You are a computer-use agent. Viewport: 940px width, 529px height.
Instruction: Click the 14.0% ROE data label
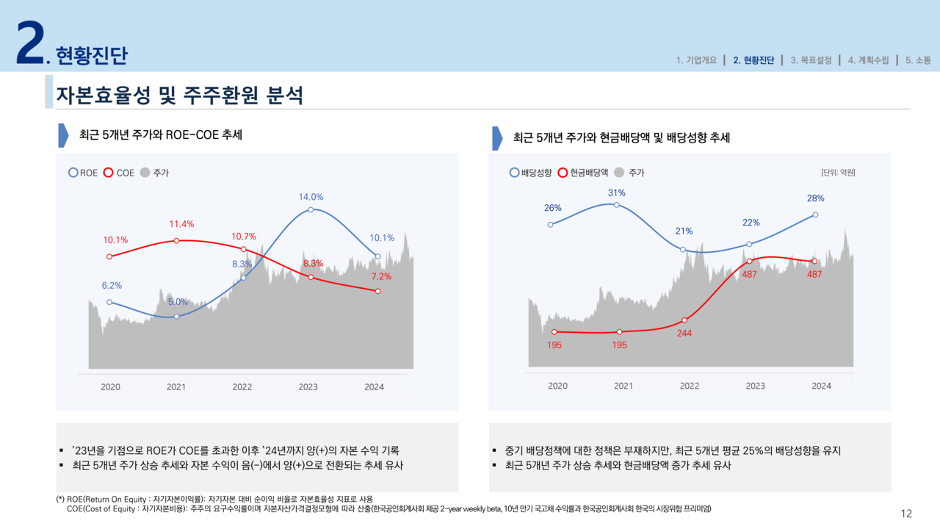[x=311, y=197]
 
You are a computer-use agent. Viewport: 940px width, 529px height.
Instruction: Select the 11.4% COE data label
[x=181, y=224]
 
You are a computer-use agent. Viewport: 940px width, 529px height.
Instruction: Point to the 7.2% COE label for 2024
[x=380, y=277]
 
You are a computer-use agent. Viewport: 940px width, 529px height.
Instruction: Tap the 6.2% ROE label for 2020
[x=112, y=285]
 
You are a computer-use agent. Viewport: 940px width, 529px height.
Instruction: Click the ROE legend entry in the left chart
[x=83, y=173]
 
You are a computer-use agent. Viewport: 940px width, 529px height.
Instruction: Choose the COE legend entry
[x=120, y=173]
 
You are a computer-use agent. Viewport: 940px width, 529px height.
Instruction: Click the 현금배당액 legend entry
[x=583, y=173]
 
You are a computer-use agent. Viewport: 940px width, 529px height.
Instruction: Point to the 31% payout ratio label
[x=616, y=192]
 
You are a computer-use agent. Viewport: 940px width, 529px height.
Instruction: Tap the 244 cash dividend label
[x=684, y=333]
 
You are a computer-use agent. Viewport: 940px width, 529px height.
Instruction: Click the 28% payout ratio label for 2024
[x=815, y=198]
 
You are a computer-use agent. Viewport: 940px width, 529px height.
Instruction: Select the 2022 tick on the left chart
[x=242, y=386]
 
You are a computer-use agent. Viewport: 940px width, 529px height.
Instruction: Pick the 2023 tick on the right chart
[x=755, y=386]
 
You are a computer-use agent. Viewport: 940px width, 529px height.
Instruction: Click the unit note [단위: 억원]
[x=837, y=173]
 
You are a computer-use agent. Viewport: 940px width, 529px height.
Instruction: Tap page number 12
[x=906, y=514]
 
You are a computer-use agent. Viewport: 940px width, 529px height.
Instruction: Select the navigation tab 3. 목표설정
[x=811, y=60]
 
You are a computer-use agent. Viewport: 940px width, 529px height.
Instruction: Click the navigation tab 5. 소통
[x=918, y=60]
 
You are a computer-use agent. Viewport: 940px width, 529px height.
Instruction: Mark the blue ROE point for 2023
[x=311, y=209]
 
